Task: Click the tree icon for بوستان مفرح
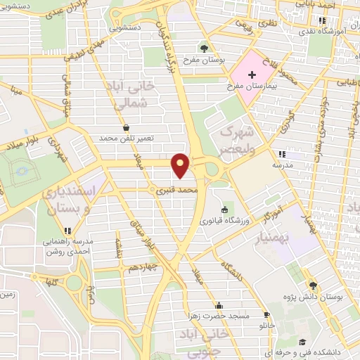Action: (x=202, y=48)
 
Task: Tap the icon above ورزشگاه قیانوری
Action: (x=224, y=210)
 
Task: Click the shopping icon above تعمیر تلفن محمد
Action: (x=125, y=128)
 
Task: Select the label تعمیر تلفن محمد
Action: (x=125, y=139)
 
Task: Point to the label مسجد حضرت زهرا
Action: (x=219, y=316)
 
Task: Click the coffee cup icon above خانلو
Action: (x=266, y=314)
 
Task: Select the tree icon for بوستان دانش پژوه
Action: (x=312, y=285)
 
